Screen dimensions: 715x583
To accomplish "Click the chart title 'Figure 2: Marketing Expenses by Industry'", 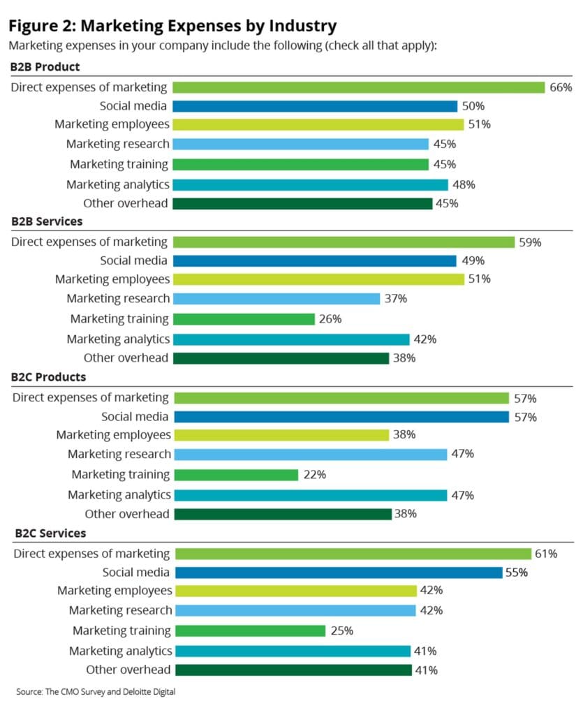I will [x=172, y=26].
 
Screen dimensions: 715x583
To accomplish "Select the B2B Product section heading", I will [x=45, y=67].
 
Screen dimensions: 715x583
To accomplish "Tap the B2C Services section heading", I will [x=51, y=533].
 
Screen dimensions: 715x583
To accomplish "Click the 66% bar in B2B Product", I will [x=358, y=87].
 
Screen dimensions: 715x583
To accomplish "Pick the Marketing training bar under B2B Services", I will [x=244, y=319].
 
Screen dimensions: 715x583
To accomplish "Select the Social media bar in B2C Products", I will [x=341, y=417].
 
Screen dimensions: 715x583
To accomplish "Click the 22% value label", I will [x=314, y=474].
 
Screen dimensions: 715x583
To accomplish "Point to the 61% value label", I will [x=545, y=554].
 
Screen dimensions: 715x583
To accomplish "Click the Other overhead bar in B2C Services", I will [x=293, y=670].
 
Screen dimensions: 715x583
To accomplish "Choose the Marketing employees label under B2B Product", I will [x=112, y=124].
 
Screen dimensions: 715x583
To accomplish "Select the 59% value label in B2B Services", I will [x=530, y=242].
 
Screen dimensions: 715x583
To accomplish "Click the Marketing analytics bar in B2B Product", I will [x=310, y=185].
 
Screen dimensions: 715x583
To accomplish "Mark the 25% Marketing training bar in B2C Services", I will [x=250, y=631].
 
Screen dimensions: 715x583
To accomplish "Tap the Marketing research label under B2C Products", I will [x=119, y=454].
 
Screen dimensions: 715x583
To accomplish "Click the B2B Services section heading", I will [x=47, y=221].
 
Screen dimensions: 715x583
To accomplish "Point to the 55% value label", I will [x=515, y=573].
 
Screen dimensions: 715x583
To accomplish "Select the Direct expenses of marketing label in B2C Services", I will [x=91, y=554].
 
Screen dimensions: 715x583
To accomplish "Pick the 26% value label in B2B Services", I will [x=330, y=319].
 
